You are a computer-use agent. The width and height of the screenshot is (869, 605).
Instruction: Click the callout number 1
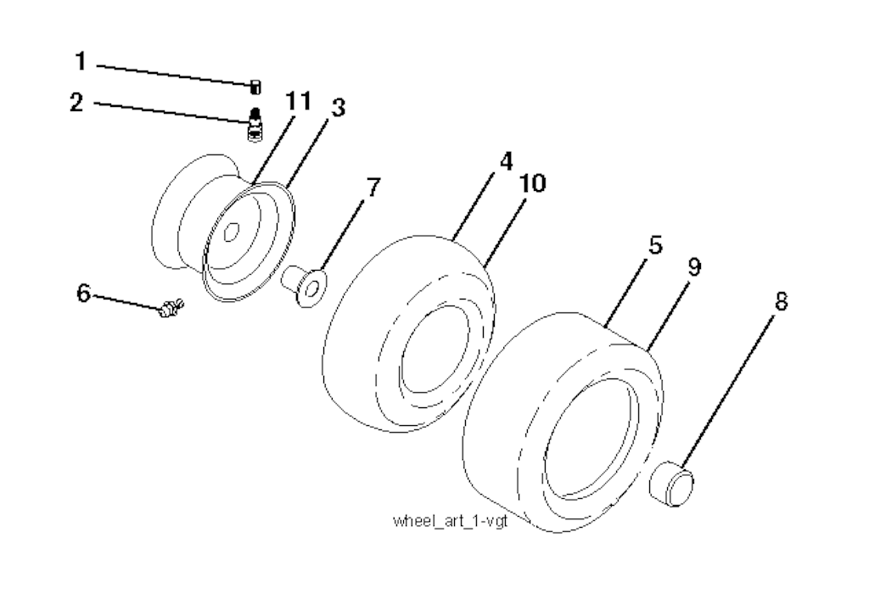pyautogui.click(x=81, y=62)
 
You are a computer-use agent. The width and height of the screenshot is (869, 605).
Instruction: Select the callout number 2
pyautogui.click(x=77, y=104)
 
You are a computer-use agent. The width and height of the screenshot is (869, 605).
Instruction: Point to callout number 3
pyautogui.click(x=337, y=109)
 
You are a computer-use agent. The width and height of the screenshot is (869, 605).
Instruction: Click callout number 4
pyautogui.click(x=506, y=161)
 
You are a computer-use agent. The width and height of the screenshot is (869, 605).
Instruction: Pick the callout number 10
pyautogui.click(x=535, y=183)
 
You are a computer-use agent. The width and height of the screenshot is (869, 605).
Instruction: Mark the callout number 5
pyautogui.click(x=655, y=246)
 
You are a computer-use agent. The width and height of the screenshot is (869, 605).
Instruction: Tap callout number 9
pyautogui.click(x=693, y=266)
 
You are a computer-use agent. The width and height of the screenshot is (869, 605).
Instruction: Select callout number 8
pyautogui.click(x=781, y=300)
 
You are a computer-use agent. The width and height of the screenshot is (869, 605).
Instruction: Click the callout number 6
pyautogui.click(x=82, y=293)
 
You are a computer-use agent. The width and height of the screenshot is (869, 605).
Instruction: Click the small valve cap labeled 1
pyautogui.click(x=255, y=85)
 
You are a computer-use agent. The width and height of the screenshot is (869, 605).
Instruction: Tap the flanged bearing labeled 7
pyautogui.click(x=306, y=283)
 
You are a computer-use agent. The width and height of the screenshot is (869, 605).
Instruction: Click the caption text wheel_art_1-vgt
pyautogui.click(x=450, y=519)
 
